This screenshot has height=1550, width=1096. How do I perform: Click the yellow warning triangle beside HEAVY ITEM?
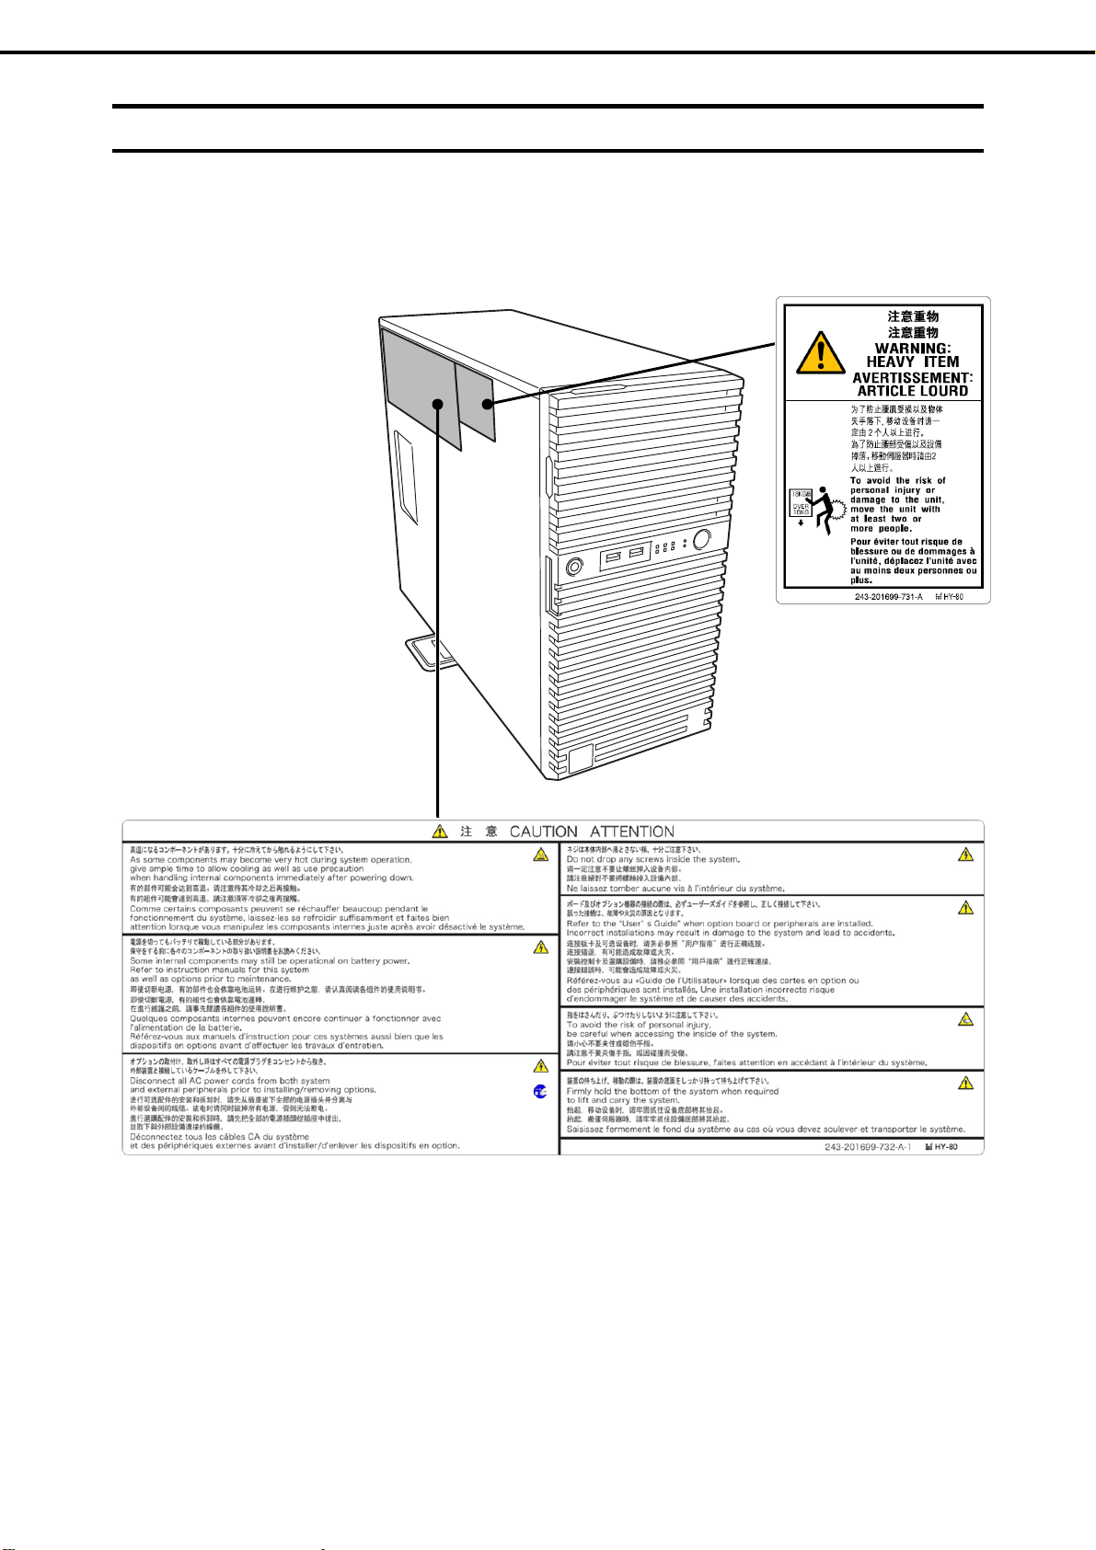[820, 353]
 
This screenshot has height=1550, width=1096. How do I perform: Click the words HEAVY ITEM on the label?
[912, 362]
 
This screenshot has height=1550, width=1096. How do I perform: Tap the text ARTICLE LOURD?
[912, 391]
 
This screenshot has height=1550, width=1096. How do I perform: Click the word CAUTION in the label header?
[544, 832]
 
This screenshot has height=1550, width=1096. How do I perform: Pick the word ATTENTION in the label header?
[632, 832]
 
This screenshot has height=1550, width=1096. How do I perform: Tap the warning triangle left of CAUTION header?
[441, 832]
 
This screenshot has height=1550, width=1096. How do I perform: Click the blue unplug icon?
[540, 1091]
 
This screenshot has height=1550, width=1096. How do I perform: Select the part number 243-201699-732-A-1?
[868, 1147]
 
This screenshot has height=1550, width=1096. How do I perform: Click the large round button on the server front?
[702, 539]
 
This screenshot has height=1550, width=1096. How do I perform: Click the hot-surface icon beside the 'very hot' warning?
[541, 855]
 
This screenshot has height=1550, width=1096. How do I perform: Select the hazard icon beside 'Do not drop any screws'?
[964, 855]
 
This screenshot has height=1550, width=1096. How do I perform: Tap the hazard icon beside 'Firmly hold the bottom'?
[964, 1084]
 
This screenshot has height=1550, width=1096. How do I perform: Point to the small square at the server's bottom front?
[581, 759]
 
